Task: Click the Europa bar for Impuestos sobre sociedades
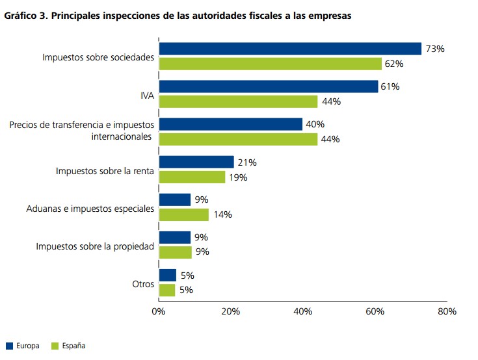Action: tap(290, 49)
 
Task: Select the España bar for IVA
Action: tap(238, 101)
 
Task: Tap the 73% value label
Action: tap(435, 49)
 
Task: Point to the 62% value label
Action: tap(395, 64)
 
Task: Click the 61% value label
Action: tap(390, 86)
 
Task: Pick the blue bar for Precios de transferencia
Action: tap(231, 124)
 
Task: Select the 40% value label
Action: tap(315, 124)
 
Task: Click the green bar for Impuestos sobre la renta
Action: tap(192, 177)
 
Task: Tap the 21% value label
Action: tap(246, 162)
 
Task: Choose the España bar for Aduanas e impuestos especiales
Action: tap(183, 214)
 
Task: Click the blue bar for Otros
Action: tap(167, 275)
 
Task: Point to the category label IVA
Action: tap(147, 94)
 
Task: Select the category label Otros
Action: tap(142, 283)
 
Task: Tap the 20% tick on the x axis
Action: tap(231, 311)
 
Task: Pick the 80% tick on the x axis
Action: tap(447, 311)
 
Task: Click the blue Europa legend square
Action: tap(9, 346)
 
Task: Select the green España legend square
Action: tap(55, 346)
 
